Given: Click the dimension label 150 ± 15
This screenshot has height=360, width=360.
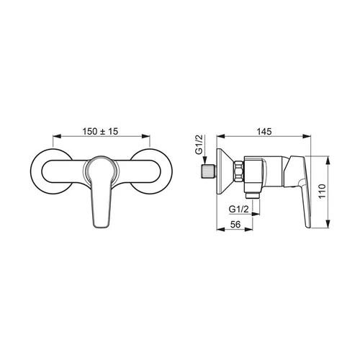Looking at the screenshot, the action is click(x=100, y=132).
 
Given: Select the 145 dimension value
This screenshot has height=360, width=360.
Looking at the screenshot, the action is click(x=264, y=132).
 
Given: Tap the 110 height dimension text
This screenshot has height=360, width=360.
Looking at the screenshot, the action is click(x=322, y=191).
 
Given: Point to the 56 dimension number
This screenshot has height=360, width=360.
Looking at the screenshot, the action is click(x=235, y=224).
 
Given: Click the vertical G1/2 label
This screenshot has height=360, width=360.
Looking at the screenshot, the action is click(x=199, y=145).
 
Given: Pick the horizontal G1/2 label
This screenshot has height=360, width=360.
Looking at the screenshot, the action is click(x=238, y=210).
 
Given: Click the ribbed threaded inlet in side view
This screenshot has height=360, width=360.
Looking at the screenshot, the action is click(x=209, y=171).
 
